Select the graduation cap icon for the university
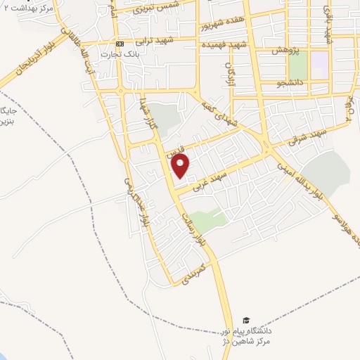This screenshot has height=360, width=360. point(245,320)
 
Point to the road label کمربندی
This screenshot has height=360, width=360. point(192,274)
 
